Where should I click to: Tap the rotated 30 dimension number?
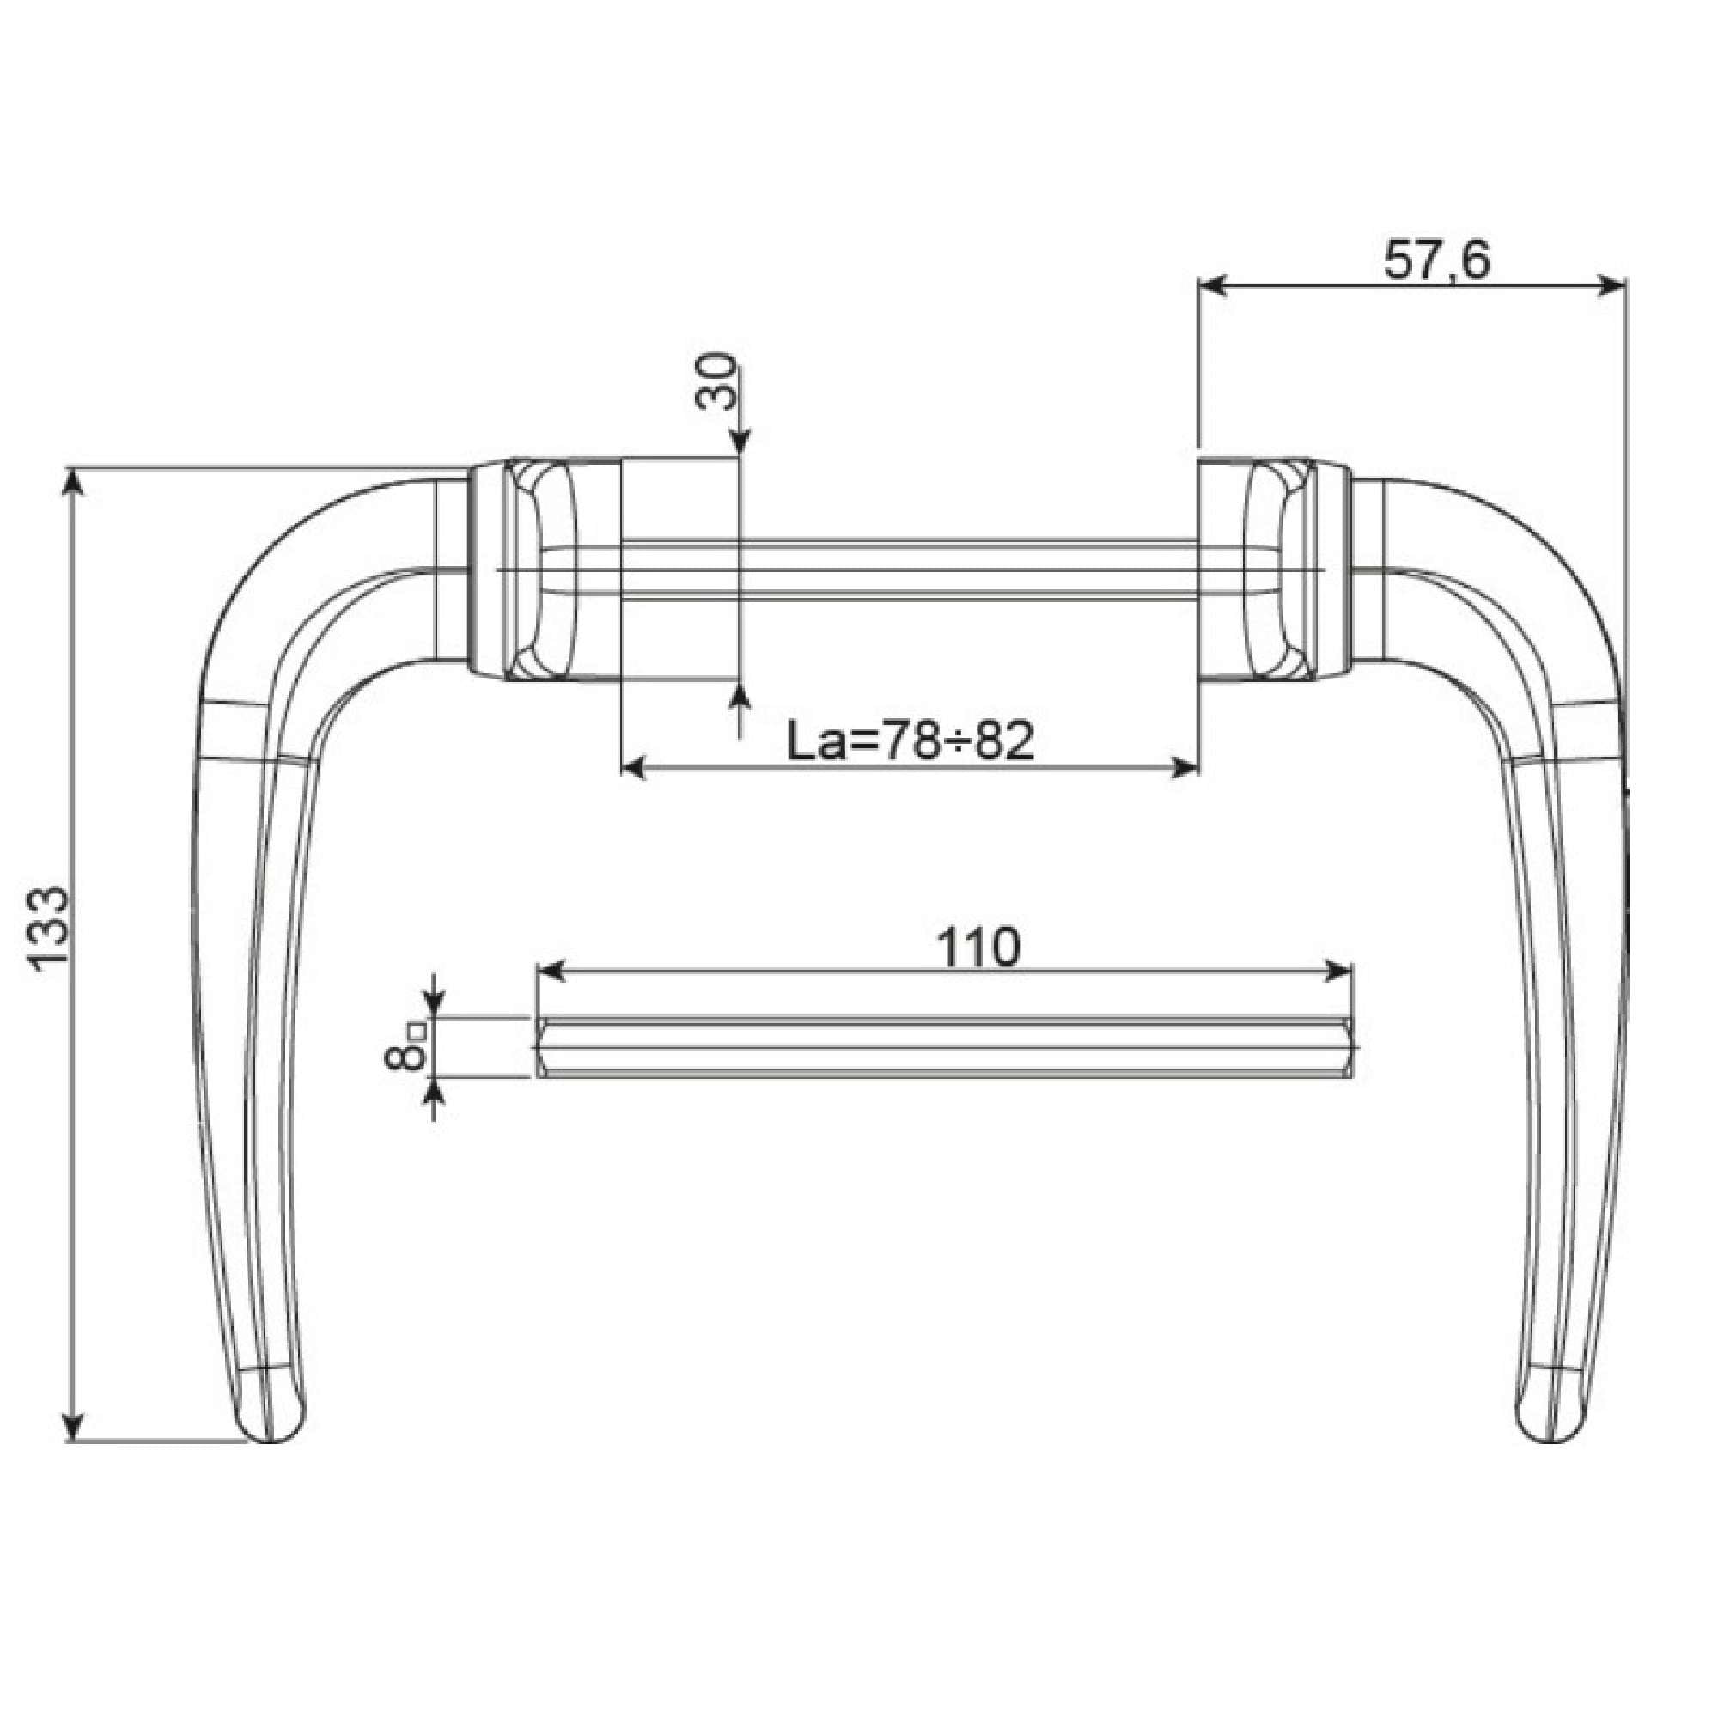[716, 381]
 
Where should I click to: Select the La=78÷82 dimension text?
[911, 740]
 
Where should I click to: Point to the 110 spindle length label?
[979, 948]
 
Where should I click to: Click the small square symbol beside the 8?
[417, 1032]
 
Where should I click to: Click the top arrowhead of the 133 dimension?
[74, 480]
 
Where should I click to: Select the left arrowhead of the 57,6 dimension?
[1213, 285]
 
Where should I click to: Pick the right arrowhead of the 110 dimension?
[1338, 972]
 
